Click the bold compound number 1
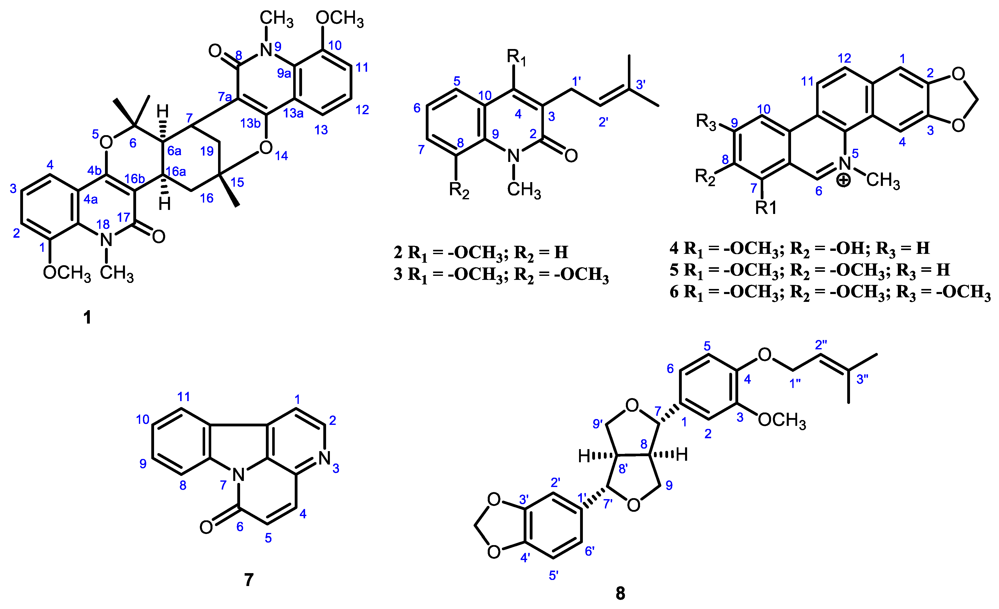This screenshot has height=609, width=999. click(87, 318)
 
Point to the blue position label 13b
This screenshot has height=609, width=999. click(250, 123)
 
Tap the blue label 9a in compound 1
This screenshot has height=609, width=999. click(284, 73)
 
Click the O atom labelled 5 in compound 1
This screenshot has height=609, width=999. click(106, 142)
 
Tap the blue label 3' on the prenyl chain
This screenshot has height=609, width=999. click(641, 84)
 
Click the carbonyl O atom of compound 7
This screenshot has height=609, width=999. click(206, 527)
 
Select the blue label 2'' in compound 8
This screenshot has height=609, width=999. click(821, 345)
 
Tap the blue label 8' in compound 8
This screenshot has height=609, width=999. click(623, 469)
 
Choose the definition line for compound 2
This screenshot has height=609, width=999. click(480, 253)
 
